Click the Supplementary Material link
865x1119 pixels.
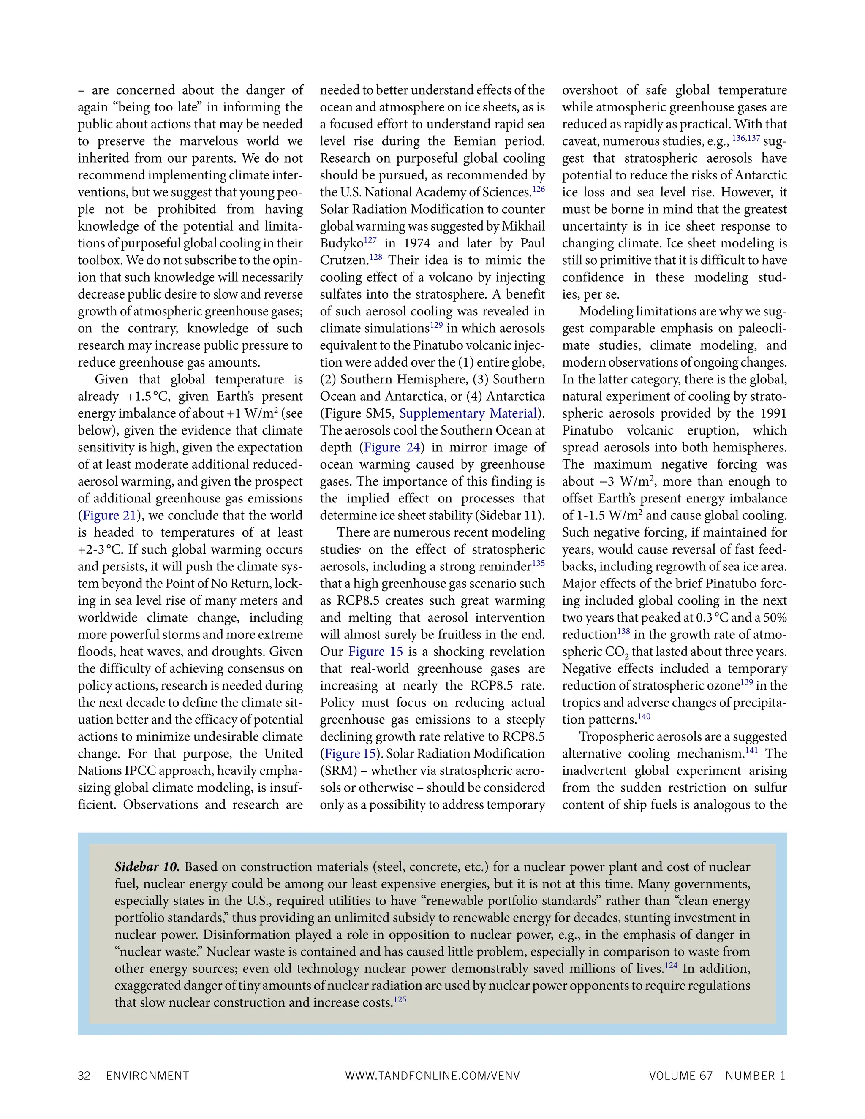coord(468,413)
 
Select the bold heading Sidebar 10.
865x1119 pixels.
coord(147,867)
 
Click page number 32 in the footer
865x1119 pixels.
coord(84,1076)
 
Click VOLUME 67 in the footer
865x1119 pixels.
coord(680,1076)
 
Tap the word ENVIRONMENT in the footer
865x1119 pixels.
coord(147,1076)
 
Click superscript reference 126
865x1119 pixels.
coord(538,189)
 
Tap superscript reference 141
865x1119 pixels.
coord(752,751)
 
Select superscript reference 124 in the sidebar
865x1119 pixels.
coord(671,965)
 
